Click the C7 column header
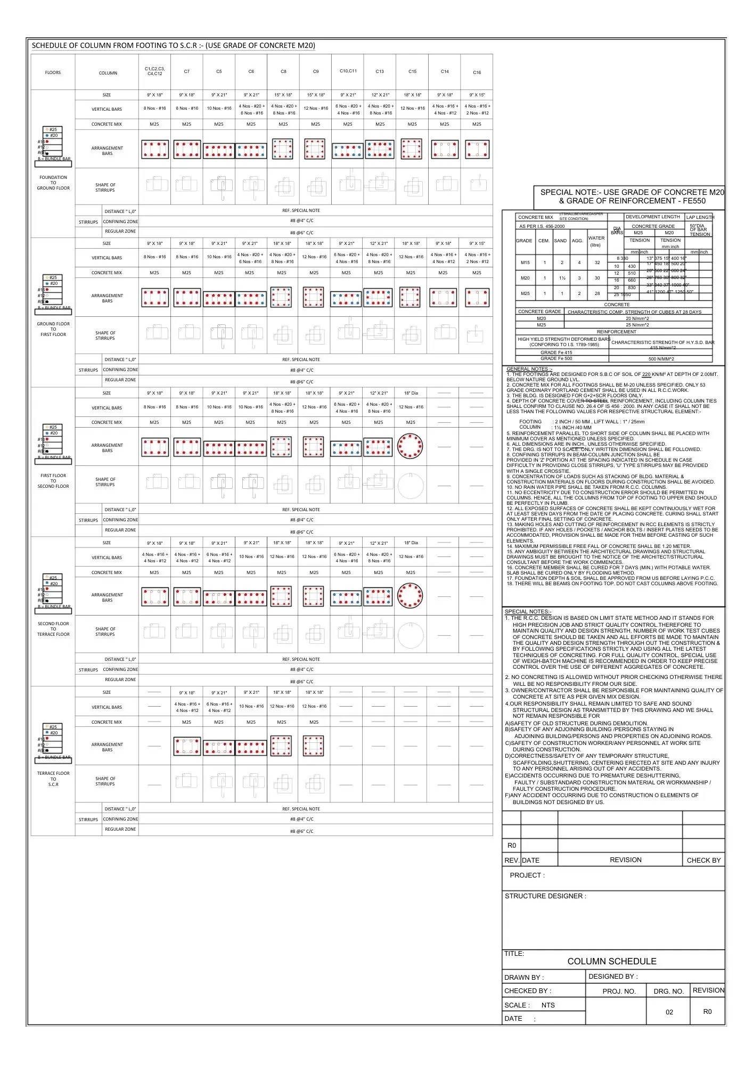[x=187, y=71]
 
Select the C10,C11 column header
[x=348, y=71]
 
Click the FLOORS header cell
[x=53, y=72]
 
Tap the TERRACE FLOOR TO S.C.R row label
[x=53, y=779]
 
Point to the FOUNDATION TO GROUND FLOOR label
[x=53, y=183]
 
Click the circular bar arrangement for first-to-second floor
[x=411, y=446]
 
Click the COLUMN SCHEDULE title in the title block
[x=611, y=961]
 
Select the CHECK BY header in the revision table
[x=703, y=860]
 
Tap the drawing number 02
[x=669, y=1012]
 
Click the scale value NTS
[x=548, y=1005]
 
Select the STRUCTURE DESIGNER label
[x=545, y=896]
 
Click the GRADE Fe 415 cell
[x=556, y=353]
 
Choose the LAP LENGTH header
[x=700, y=217]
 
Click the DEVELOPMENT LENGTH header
[x=652, y=217]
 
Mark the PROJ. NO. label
[x=619, y=992]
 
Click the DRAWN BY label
[x=524, y=978]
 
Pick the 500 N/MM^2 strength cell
[x=661, y=359]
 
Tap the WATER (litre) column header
[x=596, y=241]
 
